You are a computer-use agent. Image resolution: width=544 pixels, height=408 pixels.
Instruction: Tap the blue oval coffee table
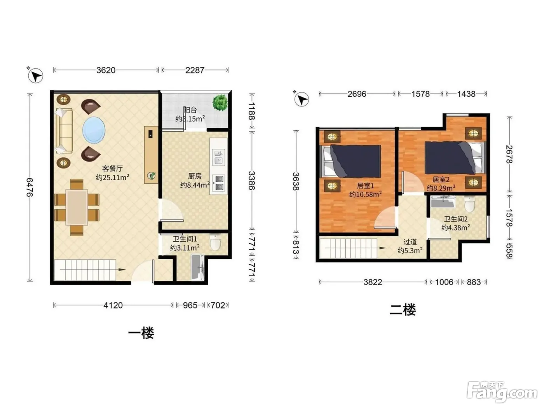point(94,130)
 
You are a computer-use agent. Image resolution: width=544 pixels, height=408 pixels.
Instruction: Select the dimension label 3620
point(106,70)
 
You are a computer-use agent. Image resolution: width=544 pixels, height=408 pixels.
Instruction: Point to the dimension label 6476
point(30,187)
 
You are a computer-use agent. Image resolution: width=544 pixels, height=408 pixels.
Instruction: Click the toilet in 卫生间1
point(215,242)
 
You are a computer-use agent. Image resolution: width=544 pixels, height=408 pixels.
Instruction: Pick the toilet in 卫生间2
point(469,204)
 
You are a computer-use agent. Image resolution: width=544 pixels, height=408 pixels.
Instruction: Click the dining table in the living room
point(77,207)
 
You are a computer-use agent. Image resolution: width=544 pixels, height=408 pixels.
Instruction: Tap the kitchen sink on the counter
point(218,157)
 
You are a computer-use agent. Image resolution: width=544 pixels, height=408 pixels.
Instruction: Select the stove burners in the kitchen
point(219,183)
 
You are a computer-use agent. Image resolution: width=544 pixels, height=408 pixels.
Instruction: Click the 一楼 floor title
point(141,333)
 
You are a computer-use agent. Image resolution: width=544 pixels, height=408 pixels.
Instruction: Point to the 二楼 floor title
point(403,310)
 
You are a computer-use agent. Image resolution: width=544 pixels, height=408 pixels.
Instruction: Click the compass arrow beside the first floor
point(35,75)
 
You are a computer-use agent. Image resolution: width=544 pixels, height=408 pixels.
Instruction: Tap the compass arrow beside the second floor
point(302,99)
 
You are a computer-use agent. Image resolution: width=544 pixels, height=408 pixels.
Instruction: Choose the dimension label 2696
point(357,94)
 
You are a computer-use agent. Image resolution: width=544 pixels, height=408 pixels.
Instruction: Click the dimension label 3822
point(373,282)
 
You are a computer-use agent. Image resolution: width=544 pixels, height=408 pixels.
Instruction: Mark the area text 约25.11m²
point(113,177)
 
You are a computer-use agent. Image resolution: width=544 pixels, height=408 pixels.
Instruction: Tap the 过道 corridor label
point(410,242)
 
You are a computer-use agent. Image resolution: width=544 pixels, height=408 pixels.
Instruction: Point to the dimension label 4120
point(113,305)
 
